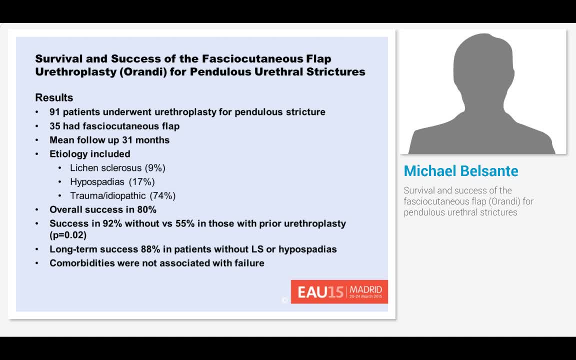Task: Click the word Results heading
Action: coord(54,97)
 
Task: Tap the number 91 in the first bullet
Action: coord(55,112)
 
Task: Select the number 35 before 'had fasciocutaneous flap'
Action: coord(55,126)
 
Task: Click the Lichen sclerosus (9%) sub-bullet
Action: coord(117,168)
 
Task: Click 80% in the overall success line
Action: coord(146,209)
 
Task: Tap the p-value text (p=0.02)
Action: coord(68,235)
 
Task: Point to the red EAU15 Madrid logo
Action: coord(339,291)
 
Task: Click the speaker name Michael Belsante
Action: coord(461,171)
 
